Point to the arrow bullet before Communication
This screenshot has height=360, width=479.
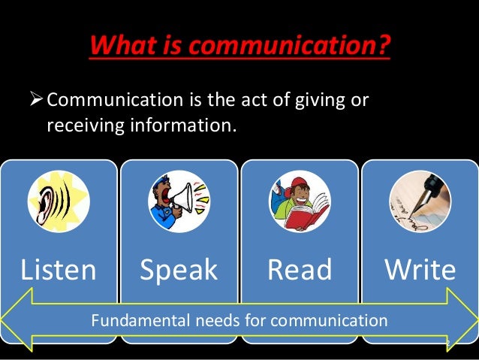(x=36, y=100)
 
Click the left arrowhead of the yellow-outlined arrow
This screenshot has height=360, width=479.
(x=17, y=322)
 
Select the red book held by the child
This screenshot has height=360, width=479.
(x=308, y=214)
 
